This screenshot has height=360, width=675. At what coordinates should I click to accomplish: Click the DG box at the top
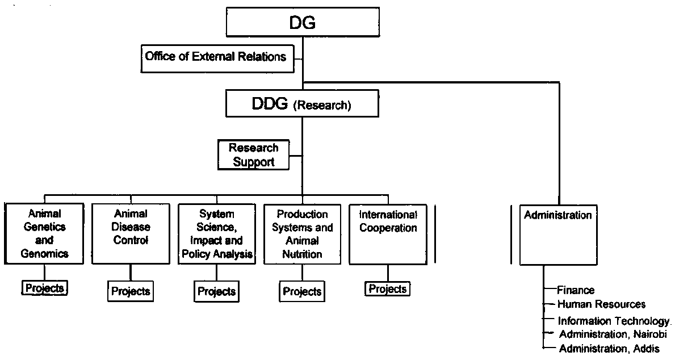303,23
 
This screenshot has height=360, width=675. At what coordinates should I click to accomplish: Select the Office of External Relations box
215,57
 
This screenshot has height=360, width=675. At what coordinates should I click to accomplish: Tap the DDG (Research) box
302,104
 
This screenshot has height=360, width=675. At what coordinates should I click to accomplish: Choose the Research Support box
253,155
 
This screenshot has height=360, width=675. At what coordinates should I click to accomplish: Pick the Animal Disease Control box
131,233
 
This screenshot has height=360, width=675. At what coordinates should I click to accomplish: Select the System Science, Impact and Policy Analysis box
216,233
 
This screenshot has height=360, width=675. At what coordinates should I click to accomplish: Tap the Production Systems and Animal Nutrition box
302,233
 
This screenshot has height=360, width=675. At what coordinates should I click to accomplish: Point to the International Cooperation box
388,233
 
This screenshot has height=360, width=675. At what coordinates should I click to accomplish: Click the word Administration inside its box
557,215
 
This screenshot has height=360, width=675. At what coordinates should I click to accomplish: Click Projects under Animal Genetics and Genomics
44,288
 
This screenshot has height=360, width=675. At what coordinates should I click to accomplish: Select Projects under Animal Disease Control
131,292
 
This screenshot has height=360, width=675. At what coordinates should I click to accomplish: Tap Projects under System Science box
216,292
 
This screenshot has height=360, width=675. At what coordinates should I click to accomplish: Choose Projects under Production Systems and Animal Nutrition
302,292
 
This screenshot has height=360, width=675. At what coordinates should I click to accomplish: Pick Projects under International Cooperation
388,289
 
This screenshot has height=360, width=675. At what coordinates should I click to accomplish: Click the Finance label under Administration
576,291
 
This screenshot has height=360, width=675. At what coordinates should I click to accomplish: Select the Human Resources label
601,304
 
